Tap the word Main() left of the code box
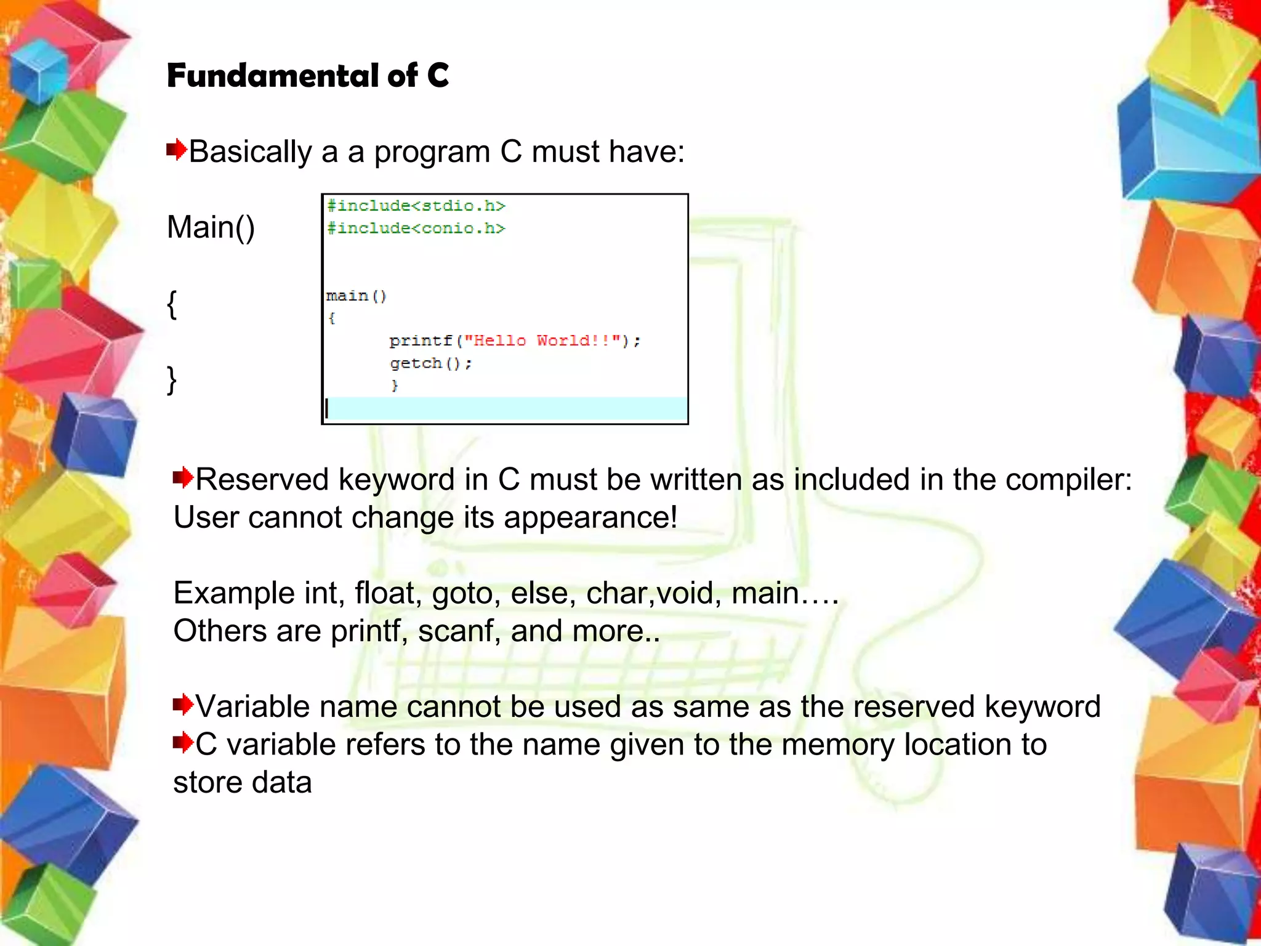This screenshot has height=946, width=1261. [211, 227]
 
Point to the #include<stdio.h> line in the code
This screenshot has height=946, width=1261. [416, 206]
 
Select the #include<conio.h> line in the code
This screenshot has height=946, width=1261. [416, 228]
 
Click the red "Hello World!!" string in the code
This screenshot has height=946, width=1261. [542, 341]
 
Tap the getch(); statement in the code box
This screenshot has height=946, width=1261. [430, 363]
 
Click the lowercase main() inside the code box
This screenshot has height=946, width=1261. [356, 296]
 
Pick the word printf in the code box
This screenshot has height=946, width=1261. [421, 341]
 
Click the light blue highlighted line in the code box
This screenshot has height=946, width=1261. [505, 408]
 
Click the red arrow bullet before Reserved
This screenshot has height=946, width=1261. [183, 477]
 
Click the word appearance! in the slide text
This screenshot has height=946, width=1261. [590, 517]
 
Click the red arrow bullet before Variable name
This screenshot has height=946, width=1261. [183, 704]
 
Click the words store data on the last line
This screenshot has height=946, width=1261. [243, 783]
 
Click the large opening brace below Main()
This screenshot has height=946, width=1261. [172, 304]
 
